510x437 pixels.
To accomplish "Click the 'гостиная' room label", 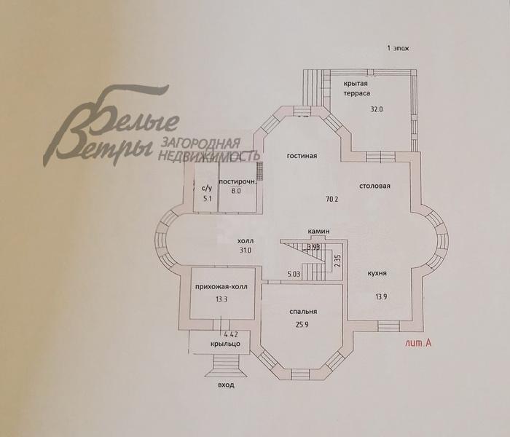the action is point(302,156).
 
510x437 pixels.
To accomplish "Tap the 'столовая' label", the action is point(374,186).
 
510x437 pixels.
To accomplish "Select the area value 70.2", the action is point(332,199).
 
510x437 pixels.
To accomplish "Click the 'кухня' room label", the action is point(377,273).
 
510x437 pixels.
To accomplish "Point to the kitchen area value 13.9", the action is point(381,296).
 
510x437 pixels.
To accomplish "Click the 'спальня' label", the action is point(303,312).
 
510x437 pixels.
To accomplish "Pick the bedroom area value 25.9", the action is point(302,324).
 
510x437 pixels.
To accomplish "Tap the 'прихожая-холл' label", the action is point(221,287).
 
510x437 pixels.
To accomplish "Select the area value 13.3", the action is point(221,299).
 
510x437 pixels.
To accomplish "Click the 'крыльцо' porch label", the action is point(225,344).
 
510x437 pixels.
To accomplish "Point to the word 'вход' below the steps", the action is point(226,385).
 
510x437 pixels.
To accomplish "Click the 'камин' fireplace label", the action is point(319,231).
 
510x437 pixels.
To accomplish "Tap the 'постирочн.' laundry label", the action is point(238,181).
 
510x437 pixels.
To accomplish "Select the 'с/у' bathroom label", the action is point(207,188).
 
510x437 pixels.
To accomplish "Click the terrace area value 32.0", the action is point(377,109).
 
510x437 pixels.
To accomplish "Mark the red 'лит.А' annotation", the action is point(418,343).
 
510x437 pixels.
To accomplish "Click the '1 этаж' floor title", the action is point(398,49).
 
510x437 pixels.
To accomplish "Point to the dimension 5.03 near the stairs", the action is point(294,274).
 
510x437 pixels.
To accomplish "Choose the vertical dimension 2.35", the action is point(337,261).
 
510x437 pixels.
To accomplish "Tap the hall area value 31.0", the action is point(246,251).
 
